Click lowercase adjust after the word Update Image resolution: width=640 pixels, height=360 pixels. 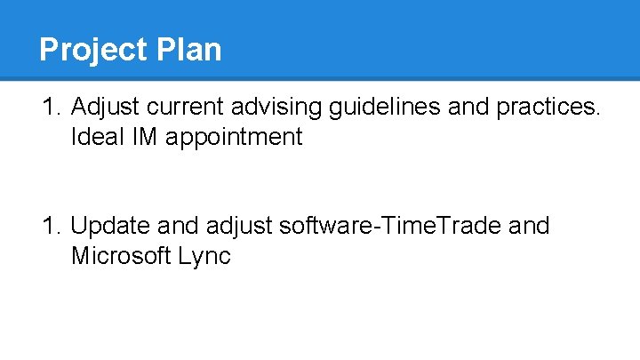(x=243, y=227)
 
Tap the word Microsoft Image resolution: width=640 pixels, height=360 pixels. (x=120, y=256)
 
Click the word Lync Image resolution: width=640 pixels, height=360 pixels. (x=204, y=257)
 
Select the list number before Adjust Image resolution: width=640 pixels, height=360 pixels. (x=51, y=108)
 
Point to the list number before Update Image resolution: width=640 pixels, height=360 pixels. (x=51, y=226)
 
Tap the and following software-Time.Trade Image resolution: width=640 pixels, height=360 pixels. (x=529, y=226)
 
